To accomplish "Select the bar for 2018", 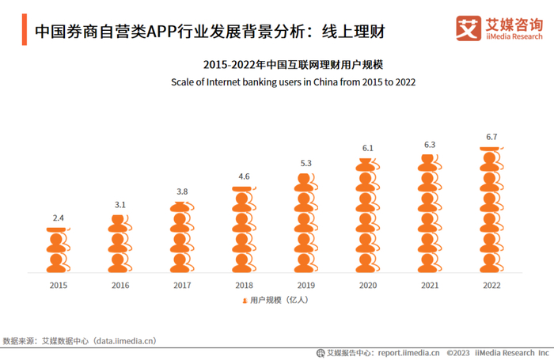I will [244, 230].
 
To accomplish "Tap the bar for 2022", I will [491, 210].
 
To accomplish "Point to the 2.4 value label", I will [59, 217].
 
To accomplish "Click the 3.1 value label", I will [120, 205].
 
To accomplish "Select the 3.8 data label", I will [182, 191].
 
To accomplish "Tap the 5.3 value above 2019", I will [305, 164].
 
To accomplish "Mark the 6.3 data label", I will [429, 145].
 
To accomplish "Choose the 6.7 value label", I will [491, 137].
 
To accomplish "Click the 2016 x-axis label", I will [120, 285].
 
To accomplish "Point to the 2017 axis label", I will [182, 285].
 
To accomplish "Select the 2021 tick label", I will [429, 285].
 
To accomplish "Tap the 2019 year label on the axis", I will [305, 285].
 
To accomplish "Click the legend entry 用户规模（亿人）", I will [274, 301].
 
